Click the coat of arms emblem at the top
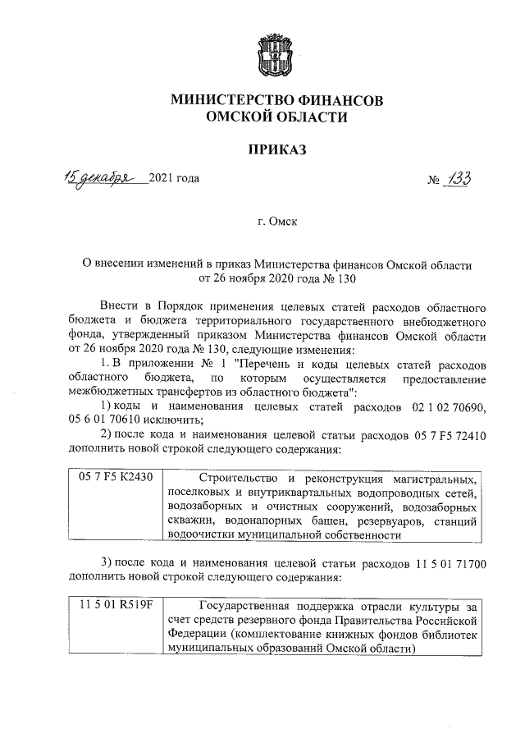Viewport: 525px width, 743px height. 276,53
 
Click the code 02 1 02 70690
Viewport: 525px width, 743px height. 446,407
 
